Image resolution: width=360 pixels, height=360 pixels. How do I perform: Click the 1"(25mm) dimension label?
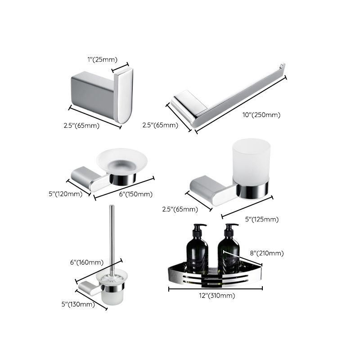tap(102, 59)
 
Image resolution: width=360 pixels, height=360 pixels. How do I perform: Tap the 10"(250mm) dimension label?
tap(262, 115)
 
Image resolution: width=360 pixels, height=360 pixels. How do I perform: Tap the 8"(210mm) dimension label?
tap(267, 254)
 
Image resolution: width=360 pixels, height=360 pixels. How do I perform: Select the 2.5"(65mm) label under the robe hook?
tap(81, 126)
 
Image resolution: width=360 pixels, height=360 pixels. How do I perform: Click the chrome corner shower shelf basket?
tap(211, 278)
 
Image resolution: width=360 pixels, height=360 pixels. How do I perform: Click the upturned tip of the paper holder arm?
tap(282, 67)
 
